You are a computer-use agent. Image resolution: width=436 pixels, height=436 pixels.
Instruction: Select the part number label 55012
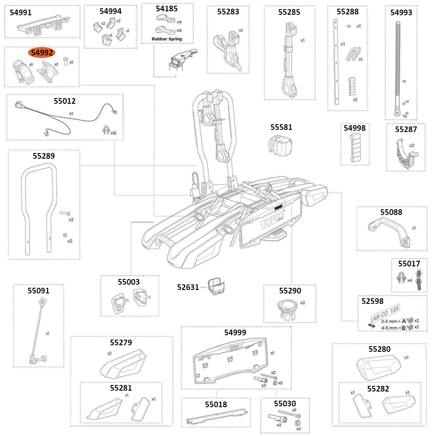click(x=65, y=101)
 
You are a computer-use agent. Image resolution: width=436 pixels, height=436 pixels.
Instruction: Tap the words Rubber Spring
click(x=167, y=39)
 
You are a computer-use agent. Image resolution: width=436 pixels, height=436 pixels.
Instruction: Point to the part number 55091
click(x=38, y=290)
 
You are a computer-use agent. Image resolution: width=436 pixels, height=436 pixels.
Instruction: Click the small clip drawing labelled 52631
click(x=217, y=286)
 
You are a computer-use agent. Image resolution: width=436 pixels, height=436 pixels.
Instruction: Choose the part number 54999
click(x=235, y=333)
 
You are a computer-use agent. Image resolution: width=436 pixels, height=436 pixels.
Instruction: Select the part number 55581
click(x=281, y=127)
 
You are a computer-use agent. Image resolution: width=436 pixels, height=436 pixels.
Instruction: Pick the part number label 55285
click(x=289, y=12)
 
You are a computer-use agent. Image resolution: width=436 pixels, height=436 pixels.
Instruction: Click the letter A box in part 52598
click(x=404, y=320)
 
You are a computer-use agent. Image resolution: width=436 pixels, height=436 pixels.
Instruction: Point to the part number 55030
click(x=285, y=404)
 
